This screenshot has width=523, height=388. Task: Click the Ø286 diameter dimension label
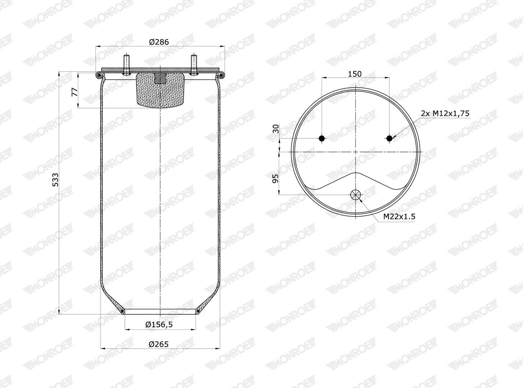click(x=159, y=42)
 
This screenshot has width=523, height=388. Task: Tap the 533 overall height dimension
click(x=55, y=180)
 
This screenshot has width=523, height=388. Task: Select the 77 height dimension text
click(x=75, y=92)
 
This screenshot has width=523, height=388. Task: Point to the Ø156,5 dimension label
click(x=159, y=325)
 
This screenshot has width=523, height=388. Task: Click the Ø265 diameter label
click(x=159, y=344)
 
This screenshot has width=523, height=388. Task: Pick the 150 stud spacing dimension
click(x=355, y=74)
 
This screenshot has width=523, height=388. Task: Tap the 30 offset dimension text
click(x=276, y=129)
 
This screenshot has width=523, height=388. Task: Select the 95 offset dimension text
click(x=275, y=179)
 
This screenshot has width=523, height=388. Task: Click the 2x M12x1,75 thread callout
click(x=445, y=113)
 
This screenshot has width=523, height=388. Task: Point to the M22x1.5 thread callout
click(x=399, y=216)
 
